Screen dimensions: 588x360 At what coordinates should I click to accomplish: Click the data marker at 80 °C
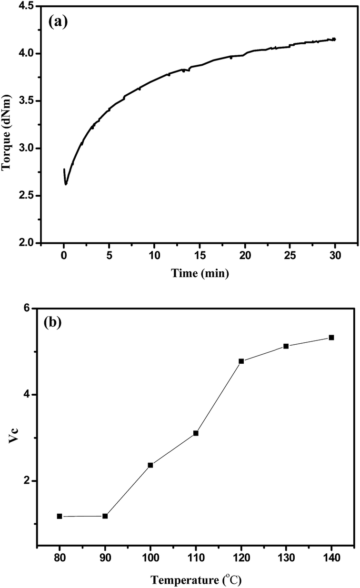tap(60, 516)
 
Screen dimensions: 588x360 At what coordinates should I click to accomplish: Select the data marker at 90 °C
tap(105, 516)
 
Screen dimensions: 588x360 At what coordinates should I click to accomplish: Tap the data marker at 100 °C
tap(150, 465)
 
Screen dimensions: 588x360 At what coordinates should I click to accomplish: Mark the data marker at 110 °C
tap(196, 433)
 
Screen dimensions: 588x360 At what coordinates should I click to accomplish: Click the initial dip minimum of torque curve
tap(66, 184)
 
